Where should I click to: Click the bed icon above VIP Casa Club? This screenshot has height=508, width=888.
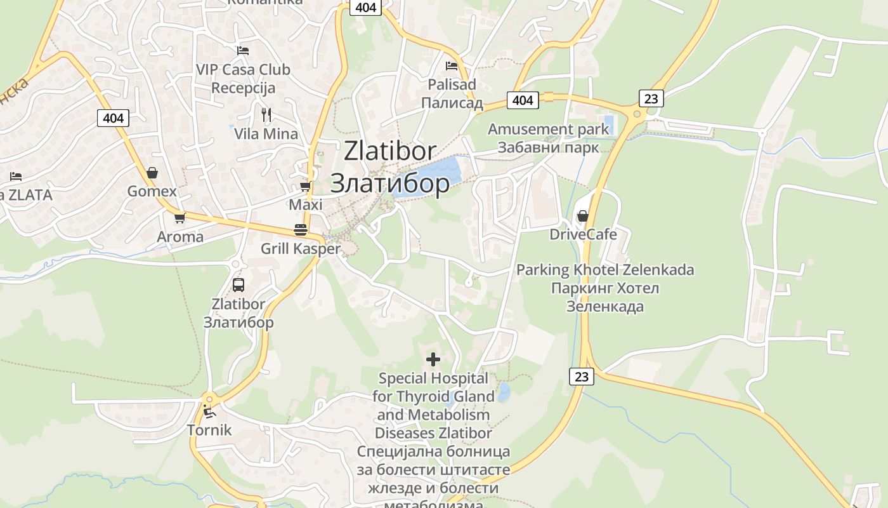click(x=242, y=50)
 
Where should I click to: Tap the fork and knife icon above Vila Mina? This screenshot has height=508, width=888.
click(x=266, y=114)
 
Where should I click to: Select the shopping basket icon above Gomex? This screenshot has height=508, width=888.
click(x=152, y=172)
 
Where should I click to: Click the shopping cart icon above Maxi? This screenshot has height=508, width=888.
click(x=305, y=186)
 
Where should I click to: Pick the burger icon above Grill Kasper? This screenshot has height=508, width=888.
click(x=301, y=229)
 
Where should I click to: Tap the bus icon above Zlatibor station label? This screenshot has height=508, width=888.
click(x=238, y=285)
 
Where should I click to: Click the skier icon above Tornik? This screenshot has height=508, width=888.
click(x=209, y=411)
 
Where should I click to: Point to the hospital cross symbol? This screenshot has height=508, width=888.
click(x=433, y=359)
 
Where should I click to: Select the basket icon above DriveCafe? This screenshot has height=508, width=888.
click(x=582, y=216)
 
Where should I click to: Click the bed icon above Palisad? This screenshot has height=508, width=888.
click(x=452, y=65)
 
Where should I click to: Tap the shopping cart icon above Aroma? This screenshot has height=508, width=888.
click(x=180, y=218)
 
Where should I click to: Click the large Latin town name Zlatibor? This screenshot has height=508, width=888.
click(x=390, y=151)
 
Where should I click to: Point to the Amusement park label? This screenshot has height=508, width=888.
click(x=548, y=129)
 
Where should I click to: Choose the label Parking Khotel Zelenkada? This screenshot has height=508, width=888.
click(x=605, y=270)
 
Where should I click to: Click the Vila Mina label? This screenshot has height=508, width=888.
click(x=266, y=134)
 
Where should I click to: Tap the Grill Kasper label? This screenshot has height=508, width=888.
click(x=301, y=249)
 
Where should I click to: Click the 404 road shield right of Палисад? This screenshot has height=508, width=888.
click(x=523, y=100)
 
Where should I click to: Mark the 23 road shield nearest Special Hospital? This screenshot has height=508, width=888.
click(x=582, y=377)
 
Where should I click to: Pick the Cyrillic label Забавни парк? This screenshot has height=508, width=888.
click(x=548, y=148)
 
